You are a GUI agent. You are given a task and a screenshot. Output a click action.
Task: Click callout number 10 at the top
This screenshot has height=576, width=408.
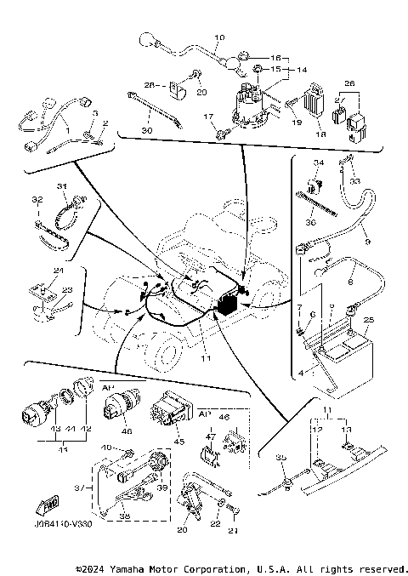[219, 38]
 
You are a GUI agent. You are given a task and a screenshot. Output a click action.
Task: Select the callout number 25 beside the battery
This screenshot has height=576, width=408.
[368, 320]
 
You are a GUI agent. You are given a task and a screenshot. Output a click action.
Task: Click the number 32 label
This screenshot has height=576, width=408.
[36, 200]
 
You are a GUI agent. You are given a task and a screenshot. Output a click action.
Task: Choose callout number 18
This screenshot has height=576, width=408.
[321, 134]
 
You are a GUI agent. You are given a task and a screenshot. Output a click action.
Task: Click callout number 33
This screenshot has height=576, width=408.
[355, 181]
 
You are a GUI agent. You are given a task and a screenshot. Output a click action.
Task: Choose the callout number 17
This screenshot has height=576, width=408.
[207, 116]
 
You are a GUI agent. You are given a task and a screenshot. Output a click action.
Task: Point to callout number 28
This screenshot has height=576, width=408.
[149, 85]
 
